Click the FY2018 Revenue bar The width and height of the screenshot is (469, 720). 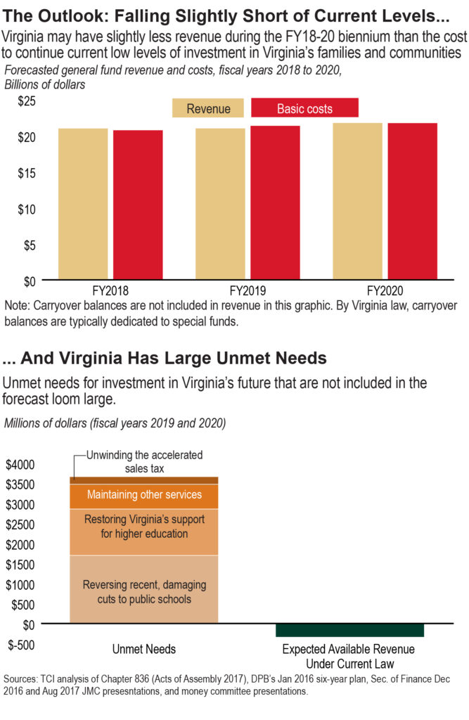[x=83, y=204]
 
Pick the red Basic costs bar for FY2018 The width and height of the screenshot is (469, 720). [x=138, y=205]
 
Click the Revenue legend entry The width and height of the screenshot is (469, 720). [x=208, y=108]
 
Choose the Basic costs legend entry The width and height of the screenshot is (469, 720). [x=304, y=108]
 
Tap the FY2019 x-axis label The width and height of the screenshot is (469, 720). [x=247, y=290]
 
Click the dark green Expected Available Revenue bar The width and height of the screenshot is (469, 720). [x=349, y=630]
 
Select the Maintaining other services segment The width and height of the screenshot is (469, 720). [x=143, y=495]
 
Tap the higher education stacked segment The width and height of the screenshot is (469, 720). [x=143, y=532]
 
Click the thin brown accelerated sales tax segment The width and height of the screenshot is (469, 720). [x=143, y=480]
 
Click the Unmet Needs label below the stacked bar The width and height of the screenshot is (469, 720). [x=143, y=649]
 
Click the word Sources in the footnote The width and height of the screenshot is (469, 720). [x=22, y=679]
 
